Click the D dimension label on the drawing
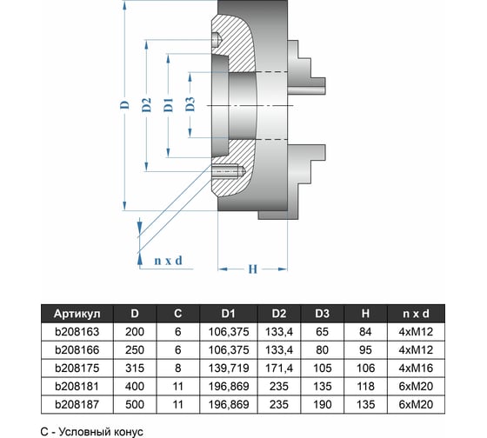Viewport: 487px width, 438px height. (x=125, y=104)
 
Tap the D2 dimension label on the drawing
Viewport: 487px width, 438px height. (x=147, y=104)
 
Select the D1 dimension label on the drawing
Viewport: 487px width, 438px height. (x=169, y=104)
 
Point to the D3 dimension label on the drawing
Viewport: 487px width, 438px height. (x=190, y=104)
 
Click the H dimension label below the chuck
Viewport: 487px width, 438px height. (x=253, y=269)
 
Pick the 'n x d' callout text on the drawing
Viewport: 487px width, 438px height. (x=168, y=261)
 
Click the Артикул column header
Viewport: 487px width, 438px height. (x=77, y=314)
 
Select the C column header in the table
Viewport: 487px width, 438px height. (x=177, y=314)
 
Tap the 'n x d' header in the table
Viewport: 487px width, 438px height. (x=416, y=314)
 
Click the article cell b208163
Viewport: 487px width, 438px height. (x=77, y=332)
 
